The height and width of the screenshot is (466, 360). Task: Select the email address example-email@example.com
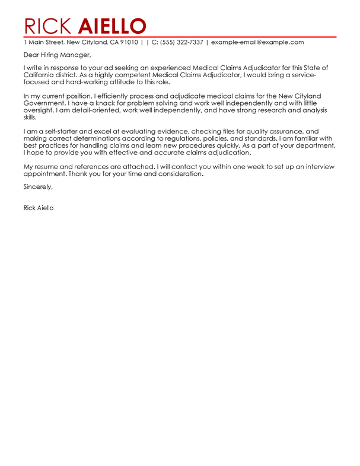(x=257, y=43)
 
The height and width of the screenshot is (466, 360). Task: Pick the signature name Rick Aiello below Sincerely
(x=39, y=208)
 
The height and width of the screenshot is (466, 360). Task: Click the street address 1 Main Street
(x=43, y=43)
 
